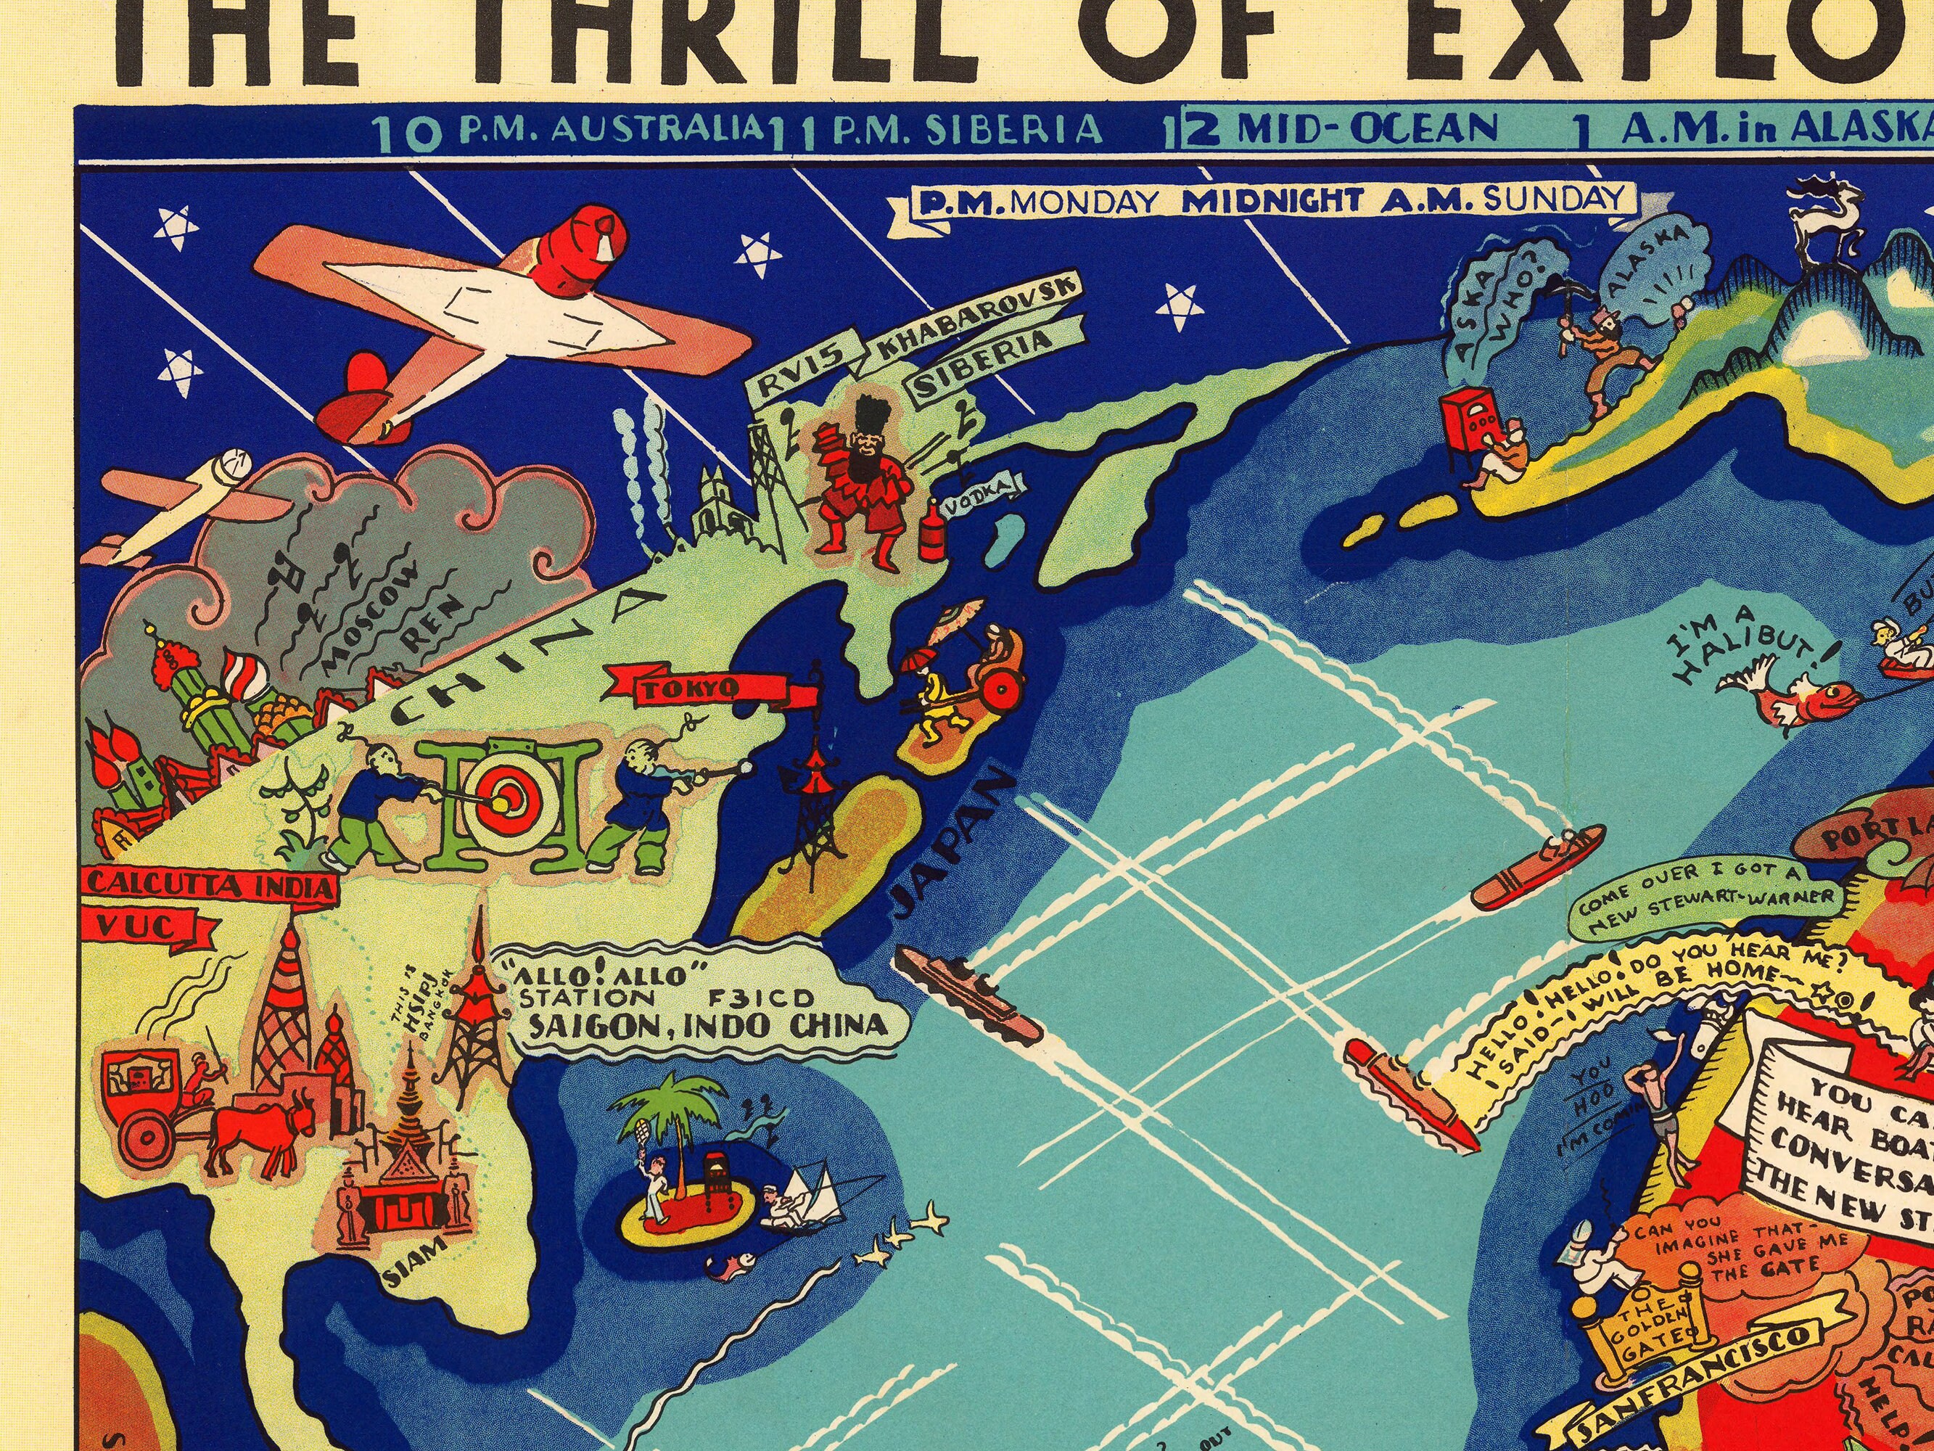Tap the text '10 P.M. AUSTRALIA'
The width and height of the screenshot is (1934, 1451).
click(x=568, y=131)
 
